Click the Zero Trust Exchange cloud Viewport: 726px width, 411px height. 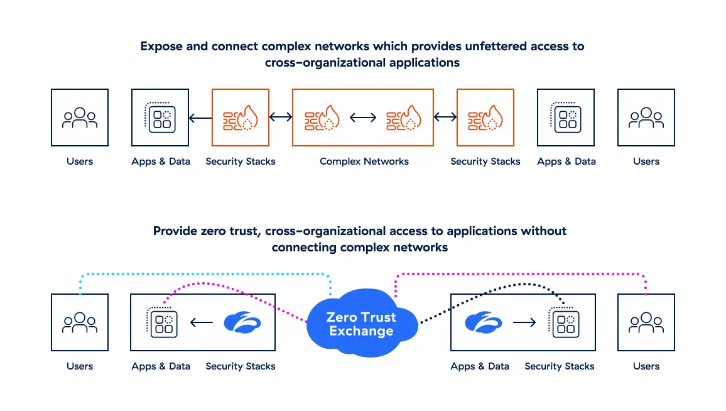360,324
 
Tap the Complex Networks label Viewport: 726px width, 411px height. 364,162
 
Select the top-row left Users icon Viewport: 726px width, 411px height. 80,118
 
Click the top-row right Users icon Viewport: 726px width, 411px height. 646,118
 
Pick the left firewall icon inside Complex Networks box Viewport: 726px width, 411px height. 322,118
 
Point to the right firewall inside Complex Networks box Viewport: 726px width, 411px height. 404,118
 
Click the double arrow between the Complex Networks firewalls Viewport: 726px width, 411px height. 363,118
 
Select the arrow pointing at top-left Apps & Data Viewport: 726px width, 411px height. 200,118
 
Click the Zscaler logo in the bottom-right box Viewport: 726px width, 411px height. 484,322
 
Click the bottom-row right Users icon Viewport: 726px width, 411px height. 646,322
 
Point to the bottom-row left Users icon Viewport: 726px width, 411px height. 80,322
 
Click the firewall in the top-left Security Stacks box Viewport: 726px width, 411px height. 241,118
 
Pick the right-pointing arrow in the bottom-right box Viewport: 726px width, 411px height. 524,322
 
